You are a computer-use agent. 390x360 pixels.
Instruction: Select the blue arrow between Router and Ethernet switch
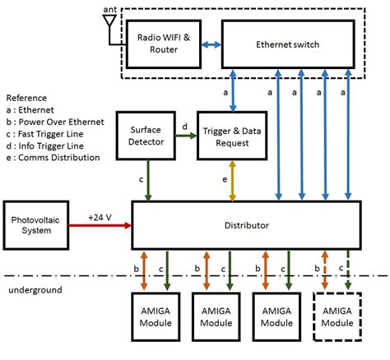tap(211, 44)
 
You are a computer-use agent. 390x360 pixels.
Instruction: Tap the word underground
tap(35, 290)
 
